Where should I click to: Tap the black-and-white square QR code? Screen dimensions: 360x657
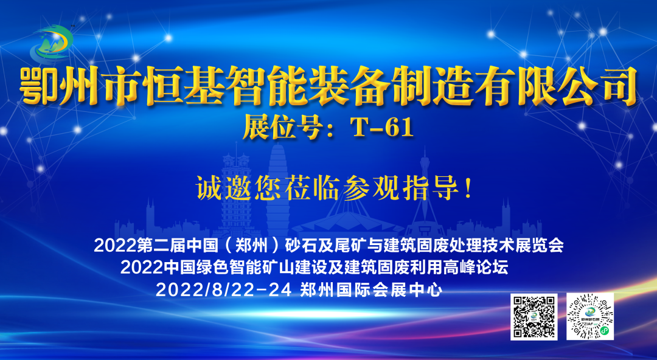[x=534, y=316]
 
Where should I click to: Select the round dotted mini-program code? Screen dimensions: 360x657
[x=589, y=316]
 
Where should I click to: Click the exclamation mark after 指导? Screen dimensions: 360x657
[x=467, y=187]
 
